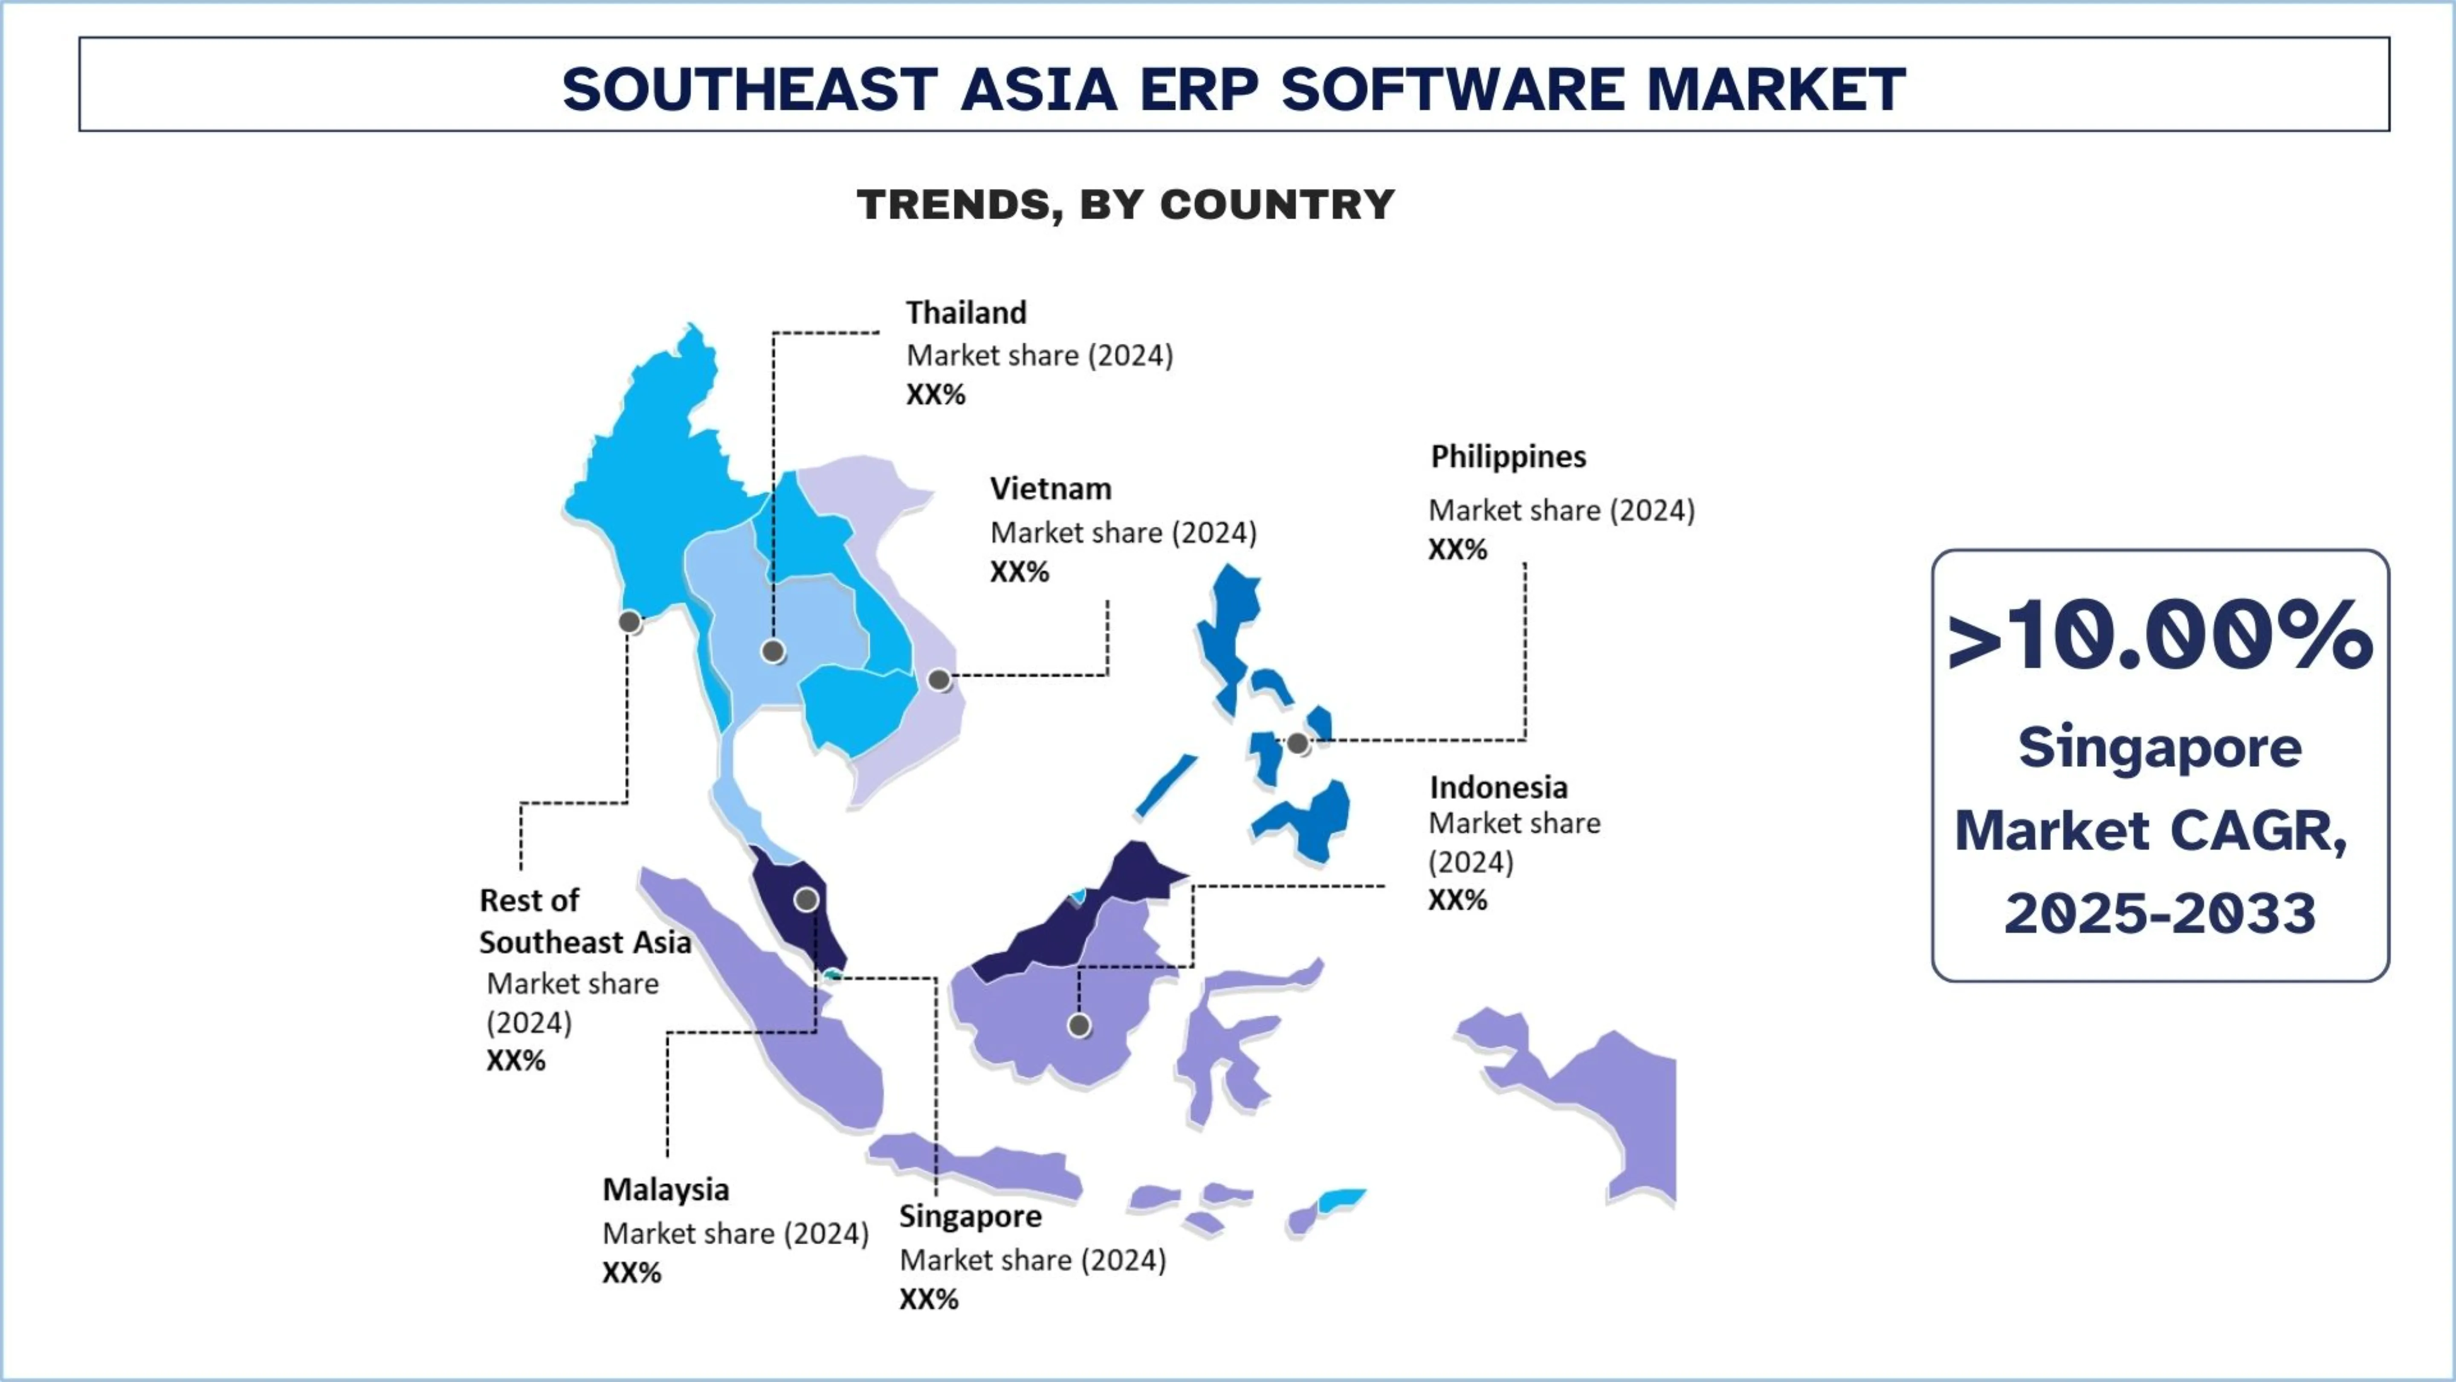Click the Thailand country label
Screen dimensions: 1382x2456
click(x=966, y=313)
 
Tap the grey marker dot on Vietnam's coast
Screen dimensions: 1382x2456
click(x=939, y=680)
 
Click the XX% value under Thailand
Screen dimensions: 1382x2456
click(x=935, y=395)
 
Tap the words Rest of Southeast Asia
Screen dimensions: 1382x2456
click(x=585, y=921)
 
